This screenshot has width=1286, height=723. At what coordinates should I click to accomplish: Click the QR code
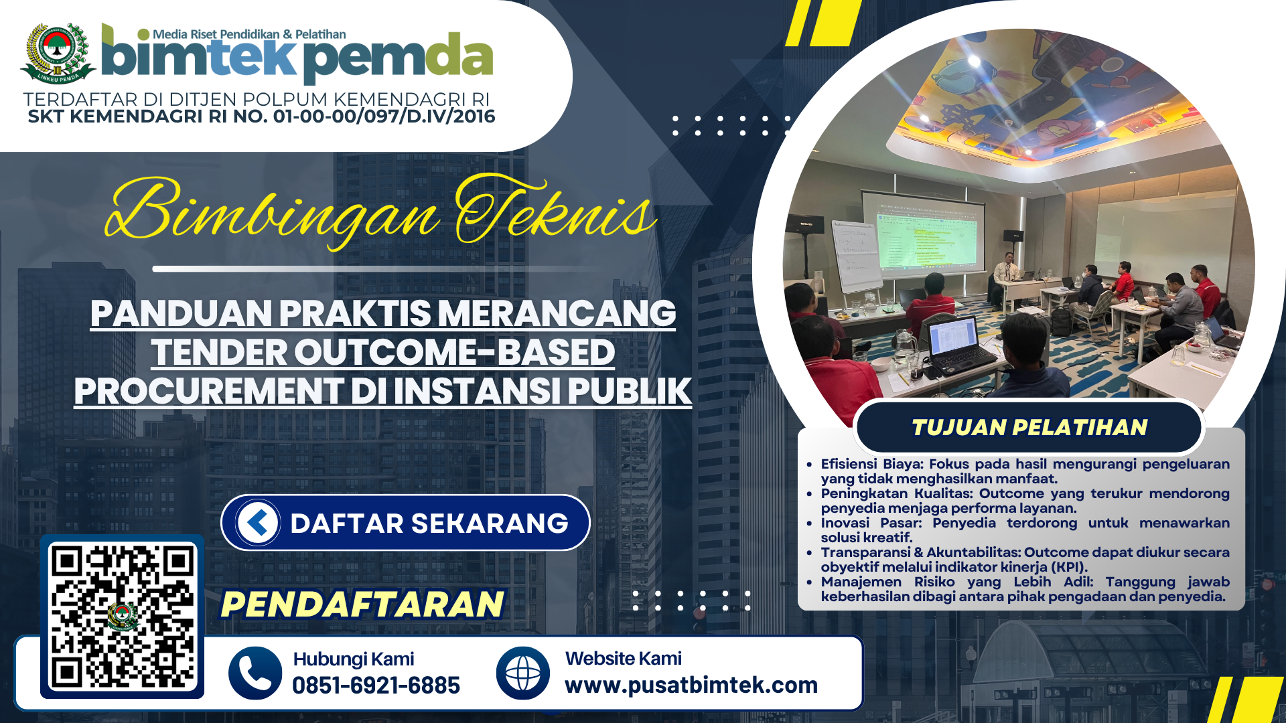(123, 617)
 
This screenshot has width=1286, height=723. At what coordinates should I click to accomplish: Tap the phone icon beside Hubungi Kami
(255, 673)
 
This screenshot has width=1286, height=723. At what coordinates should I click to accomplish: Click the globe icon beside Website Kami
(523, 673)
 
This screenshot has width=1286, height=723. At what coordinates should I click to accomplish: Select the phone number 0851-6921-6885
(376, 686)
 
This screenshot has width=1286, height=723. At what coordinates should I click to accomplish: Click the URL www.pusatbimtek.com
(691, 685)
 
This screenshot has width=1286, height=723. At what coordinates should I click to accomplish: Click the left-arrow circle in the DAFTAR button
(258, 522)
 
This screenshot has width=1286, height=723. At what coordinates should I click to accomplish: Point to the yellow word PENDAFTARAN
(362, 604)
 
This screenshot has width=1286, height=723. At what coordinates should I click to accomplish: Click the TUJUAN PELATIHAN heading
(1029, 427)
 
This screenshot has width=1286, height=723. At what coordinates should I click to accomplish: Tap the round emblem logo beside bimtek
(58, 53)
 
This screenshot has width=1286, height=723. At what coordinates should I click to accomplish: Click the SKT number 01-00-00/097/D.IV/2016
(384, 116)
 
